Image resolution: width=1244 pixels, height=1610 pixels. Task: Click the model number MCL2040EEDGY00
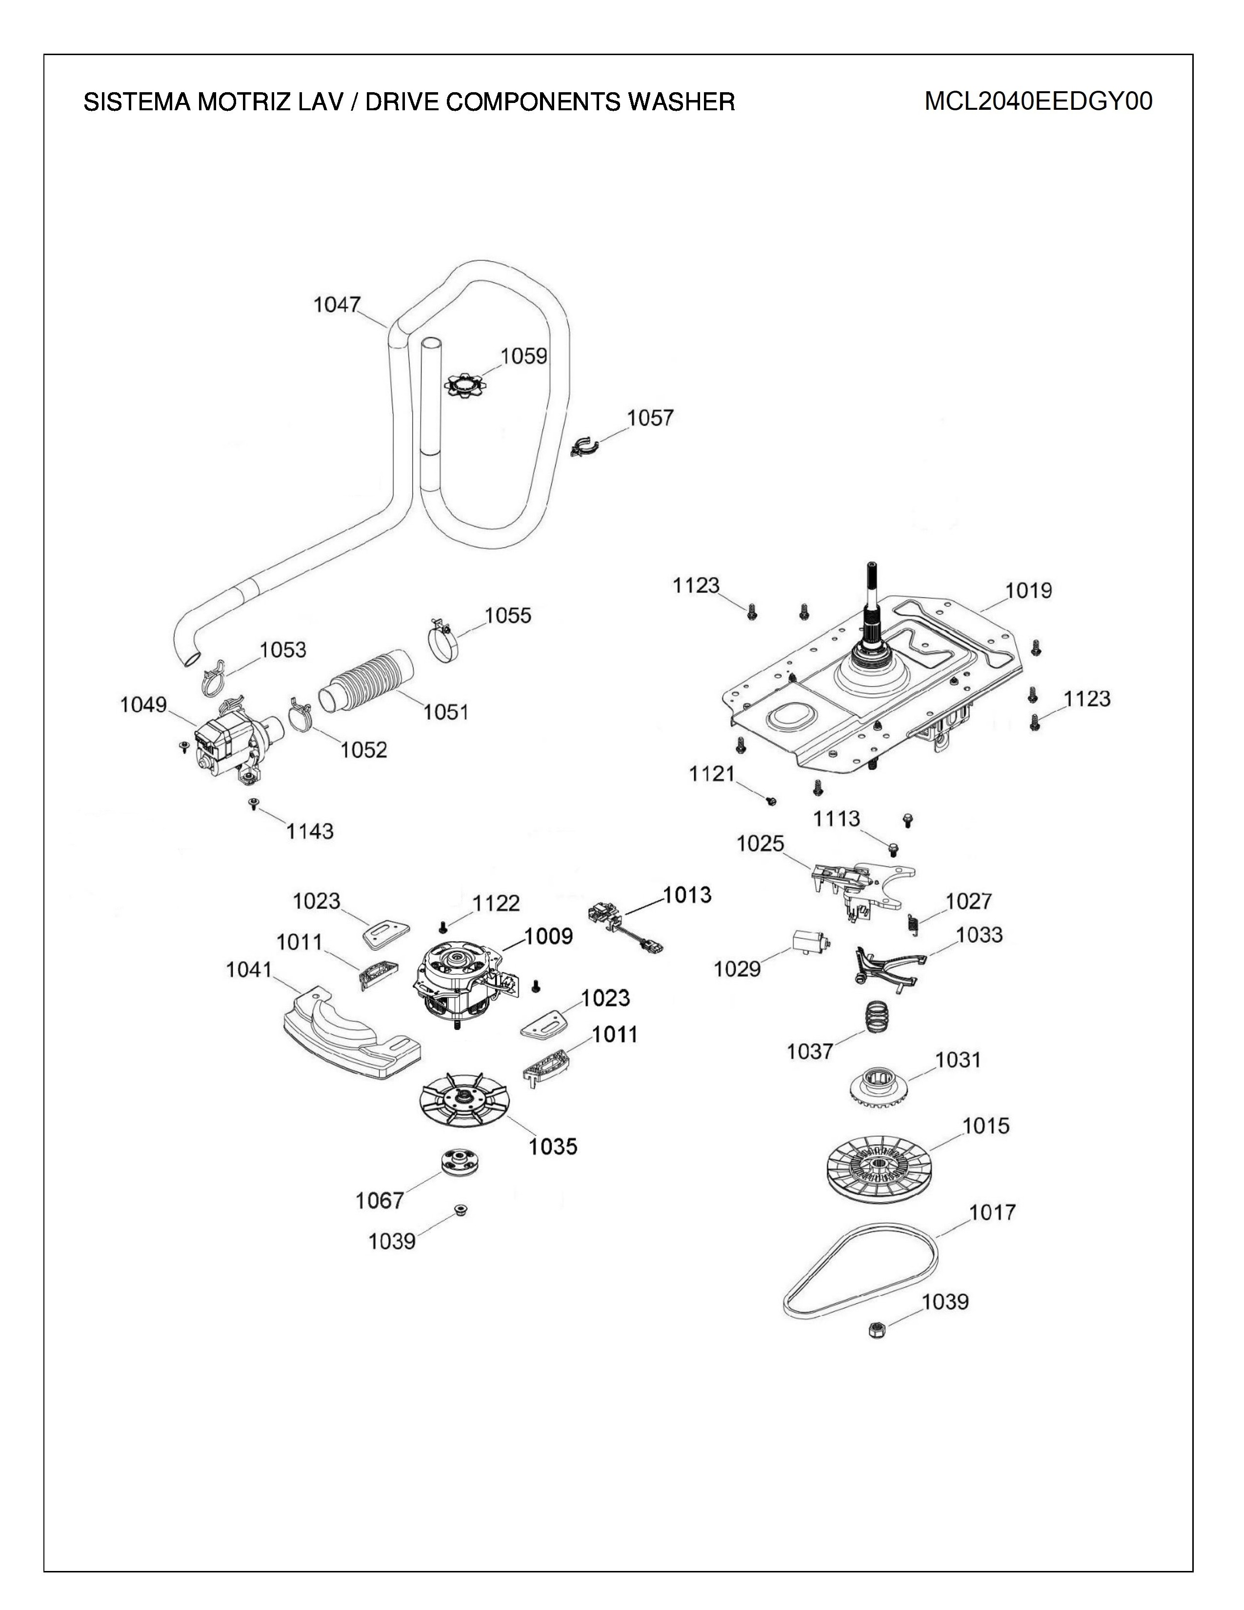pos(1039,101)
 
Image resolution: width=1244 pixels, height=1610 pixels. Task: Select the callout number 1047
pos(337,304)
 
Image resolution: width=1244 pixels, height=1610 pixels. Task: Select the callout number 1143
pos(309,831)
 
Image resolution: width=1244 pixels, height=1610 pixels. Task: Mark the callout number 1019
pos(1029,590)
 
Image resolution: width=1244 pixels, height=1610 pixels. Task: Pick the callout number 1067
pos(380,1201)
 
